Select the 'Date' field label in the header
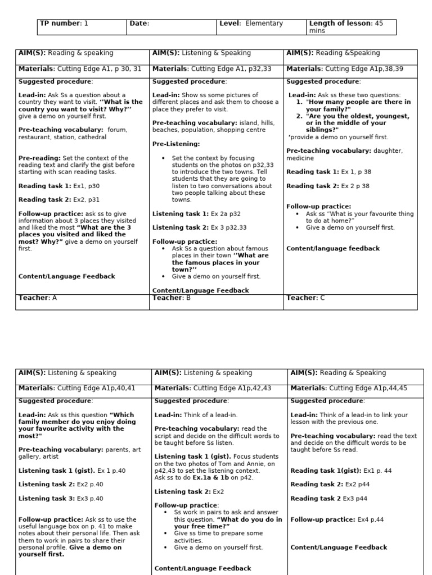point(139,24)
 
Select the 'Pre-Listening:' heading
point(176,144)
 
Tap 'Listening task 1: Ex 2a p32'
point(196,214)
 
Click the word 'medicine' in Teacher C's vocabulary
point(301,158)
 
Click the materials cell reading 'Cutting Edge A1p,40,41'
point(77,387)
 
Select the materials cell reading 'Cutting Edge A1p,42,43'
point(213,387)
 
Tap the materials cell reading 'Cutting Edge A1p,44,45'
point(349,387)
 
